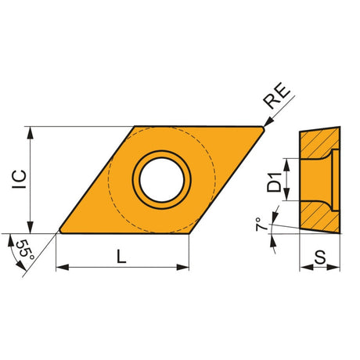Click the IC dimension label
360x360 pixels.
pyautogui.click(x=20, y=179)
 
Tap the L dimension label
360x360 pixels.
pyautogui.click(x=121, y=256)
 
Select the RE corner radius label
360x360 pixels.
pyautogui.click(x=276, y=95)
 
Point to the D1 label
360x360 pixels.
pyautogui.click(x=275, y=182)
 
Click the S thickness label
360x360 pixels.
pyautogui.click(x=320, y=257)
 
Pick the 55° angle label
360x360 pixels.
pyautogui.click(x=25, y=250)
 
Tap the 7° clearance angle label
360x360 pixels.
pyautogui.click(x=261, y=224)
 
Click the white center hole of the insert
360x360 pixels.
pyautogui.click(x=162, y=180)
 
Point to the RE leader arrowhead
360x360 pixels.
pyautogui.click(x=268, y=122)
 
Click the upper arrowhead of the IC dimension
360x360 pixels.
pyautogui.click(x=31, y=132)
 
